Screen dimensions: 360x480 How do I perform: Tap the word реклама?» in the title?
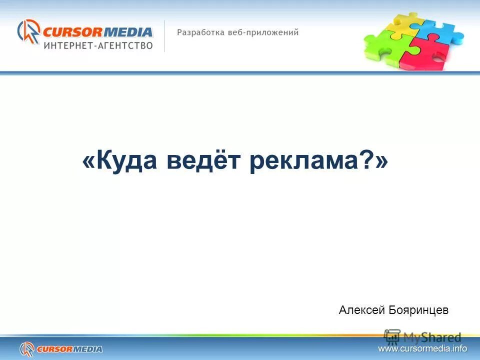click(318, 162)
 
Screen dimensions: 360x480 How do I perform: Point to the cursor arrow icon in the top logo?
click(29, 32)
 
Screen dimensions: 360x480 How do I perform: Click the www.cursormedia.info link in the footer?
click(422, 348)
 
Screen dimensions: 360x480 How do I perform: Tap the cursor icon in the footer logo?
click(26, 348)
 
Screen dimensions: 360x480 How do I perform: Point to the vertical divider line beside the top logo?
click(164, 36)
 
